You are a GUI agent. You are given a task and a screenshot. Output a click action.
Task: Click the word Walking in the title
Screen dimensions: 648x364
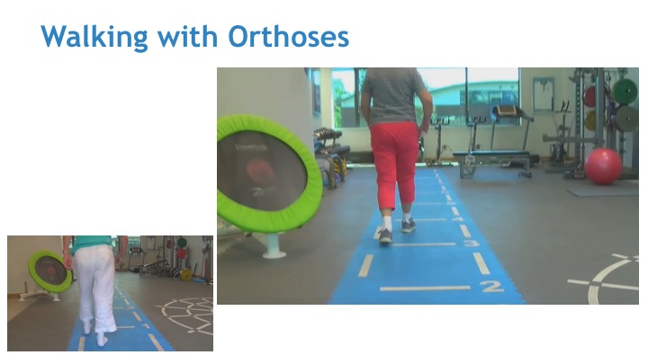(x=94, y=37)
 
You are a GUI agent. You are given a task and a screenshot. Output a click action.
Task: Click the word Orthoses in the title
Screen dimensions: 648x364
(x=289, y=36)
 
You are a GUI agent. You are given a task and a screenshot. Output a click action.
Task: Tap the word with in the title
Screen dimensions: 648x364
(x=187, y=36)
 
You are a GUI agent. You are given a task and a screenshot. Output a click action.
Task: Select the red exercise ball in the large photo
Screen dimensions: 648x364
(x=603, y=166)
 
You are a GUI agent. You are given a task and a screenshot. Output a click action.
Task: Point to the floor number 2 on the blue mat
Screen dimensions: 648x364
(x=491, y=286)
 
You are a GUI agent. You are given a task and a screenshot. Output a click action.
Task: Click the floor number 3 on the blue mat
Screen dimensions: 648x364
(x=471, y=243)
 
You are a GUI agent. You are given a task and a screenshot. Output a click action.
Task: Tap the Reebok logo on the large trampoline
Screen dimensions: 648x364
(x=251, y=147)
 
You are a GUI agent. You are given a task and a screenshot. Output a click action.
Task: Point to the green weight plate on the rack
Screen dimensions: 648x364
(x=625, y=91)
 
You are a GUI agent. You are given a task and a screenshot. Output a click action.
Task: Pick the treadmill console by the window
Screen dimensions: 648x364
(x=507, y=111)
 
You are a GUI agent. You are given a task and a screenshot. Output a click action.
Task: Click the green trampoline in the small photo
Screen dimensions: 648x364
(x=50, y=271)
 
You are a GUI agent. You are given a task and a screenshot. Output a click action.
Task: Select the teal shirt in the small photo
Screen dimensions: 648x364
(x=93, y=243)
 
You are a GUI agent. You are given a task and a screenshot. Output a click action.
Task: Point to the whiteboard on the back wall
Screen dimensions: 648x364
(x=543, y=94)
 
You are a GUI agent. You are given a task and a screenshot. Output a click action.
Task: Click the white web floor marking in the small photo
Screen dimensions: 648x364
(x=187, y=314)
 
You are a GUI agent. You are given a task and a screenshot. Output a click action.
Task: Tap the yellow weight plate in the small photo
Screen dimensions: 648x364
(x=186, y=274)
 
